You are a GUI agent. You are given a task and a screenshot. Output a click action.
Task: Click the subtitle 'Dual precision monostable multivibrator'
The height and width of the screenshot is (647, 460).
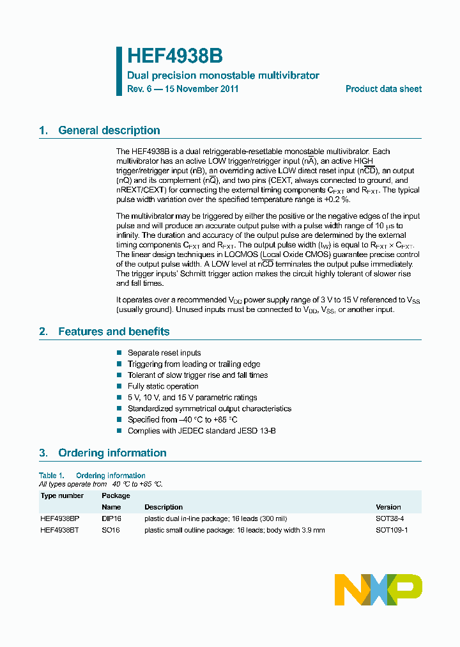[x=223, y=75]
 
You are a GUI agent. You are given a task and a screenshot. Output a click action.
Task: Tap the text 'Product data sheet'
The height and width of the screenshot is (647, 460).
[x=383, y=89]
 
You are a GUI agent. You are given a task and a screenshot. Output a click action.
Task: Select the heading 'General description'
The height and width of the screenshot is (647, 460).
[x=109, y=130]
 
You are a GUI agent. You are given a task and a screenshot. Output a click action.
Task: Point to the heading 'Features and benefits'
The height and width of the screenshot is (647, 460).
[x=114, y=331]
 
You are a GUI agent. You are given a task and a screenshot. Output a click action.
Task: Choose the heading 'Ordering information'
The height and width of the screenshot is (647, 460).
[x=112, y=453]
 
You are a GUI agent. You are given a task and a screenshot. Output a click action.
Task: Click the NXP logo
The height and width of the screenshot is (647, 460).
[x=378, y=589]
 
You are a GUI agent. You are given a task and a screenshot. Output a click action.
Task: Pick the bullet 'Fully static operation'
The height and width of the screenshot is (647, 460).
[x=163, y=386]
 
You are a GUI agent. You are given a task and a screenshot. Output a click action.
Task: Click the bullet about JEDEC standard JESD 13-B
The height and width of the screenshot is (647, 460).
[x=192, y=431]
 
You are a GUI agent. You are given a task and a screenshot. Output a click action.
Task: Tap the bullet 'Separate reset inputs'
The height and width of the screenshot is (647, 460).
[x=164, y=353]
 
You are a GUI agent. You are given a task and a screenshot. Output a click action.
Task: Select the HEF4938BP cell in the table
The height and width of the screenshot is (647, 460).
[x=59, y=518]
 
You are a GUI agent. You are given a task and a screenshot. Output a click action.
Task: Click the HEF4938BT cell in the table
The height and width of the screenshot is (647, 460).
[x=59, y=530]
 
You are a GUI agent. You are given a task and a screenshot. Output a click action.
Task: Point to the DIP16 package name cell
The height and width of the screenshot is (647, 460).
[x=111, y=518]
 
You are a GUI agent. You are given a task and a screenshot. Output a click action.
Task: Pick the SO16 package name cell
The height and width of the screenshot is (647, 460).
[x=111, y=530]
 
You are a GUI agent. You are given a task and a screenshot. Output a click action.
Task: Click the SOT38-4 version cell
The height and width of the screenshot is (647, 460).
[x=390, y=518]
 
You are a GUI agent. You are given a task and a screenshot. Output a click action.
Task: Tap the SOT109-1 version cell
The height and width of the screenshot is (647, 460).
[x=392, y=530]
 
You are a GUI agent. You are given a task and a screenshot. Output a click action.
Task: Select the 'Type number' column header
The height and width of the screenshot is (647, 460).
[x=62, y=495]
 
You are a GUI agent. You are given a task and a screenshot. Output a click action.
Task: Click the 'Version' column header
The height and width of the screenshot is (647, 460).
[x=388, y=507]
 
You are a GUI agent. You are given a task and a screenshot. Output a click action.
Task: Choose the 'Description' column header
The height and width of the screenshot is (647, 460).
[x=164, y=507]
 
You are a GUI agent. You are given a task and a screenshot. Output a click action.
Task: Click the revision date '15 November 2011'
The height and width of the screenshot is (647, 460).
[x=201, y=89]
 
